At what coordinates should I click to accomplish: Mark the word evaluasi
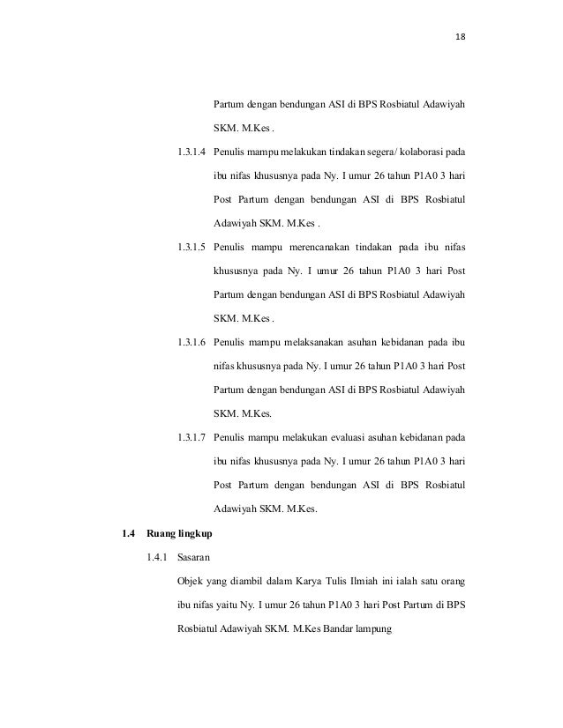tap(362, 437)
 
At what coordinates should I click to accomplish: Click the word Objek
tap(191, 582)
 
